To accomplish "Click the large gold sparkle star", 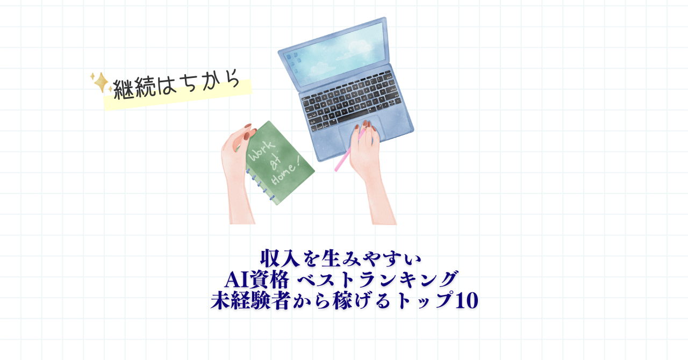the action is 101,82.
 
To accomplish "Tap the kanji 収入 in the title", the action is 280,259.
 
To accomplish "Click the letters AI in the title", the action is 237,280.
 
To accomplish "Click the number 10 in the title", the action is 466,300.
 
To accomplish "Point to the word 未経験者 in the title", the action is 250,300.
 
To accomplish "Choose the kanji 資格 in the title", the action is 269,279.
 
